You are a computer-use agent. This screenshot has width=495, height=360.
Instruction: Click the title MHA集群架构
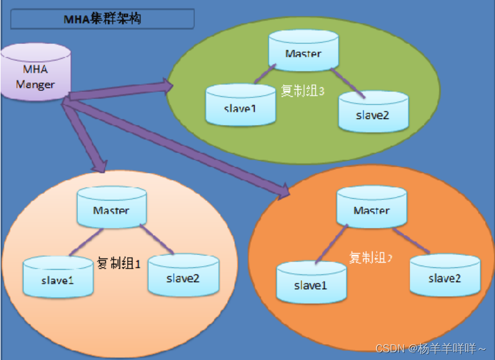click(x=102, y=19)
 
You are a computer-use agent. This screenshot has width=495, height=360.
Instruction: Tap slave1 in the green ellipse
click(x=241, y=106)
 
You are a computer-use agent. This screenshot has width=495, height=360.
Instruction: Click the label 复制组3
click(x=302, y=92)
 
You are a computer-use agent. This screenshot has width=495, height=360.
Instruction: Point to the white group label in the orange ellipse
click(x=370, y=257)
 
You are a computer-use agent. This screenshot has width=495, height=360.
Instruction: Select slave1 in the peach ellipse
click(x=58, y=278)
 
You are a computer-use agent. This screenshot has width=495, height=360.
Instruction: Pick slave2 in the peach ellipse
click(x=183, y=276)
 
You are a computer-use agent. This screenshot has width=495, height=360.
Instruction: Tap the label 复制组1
click(x=119, y=263)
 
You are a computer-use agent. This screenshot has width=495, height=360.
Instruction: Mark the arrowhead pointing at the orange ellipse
click(x=284, y=191)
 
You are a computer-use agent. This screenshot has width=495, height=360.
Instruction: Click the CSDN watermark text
click(x=429, y=348)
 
